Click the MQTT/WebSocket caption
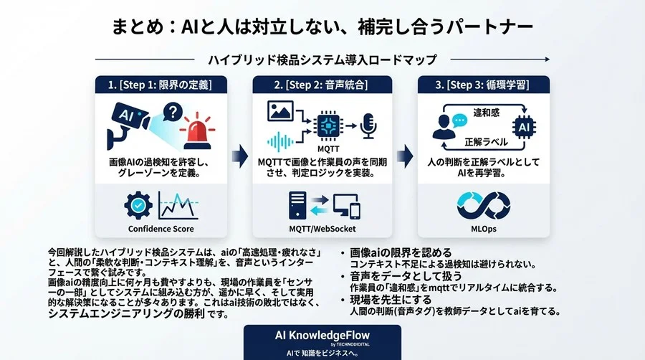[322, 229]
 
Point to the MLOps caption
[483, 229]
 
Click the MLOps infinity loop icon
[483, 205]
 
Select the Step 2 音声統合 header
[322, 85]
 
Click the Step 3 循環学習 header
[483, 85]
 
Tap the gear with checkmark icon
[138, 205]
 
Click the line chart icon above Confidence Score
[178, 205]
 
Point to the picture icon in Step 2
[281, 110]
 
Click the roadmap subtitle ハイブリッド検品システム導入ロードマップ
[322, 59]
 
